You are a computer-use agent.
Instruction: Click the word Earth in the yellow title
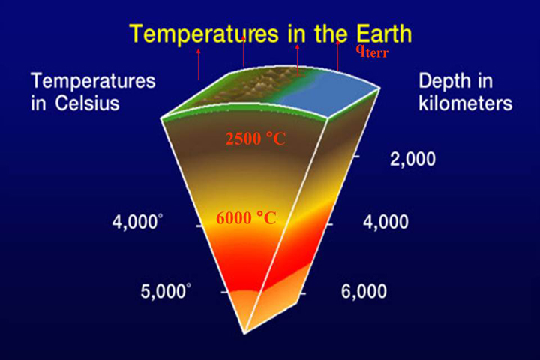pyautogui.click(x=384, y=34)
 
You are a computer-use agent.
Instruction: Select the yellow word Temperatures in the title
pyautogui.click(x=204, y=34)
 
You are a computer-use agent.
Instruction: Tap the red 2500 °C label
pyautogui.click(x=256, y=139)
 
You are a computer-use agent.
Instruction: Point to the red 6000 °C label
pyautogui.click(x=246, y=218)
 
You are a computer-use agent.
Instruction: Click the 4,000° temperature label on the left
pyautogui.click(x=137, y=222)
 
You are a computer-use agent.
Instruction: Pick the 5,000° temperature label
pyautogui.click(x=166, y=292)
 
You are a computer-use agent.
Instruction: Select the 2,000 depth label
pyautogui.click(x=412, y=159)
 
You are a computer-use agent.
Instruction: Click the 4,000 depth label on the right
pyautogui.click(x=385, y=222)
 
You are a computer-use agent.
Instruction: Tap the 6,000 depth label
pyautogui.click(x=364, y=292)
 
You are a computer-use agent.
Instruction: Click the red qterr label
pyautogui.click(x=372, y=52)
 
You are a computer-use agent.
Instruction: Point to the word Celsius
pyautogui.click(x=87, y=103)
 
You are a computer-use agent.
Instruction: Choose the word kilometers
pyautogui.click(x=465, y=103)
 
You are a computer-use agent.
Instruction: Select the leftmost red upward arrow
pyautogui.click(x=198, y=64)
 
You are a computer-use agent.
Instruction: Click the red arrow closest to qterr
pyautogui.click(x=337, y=55)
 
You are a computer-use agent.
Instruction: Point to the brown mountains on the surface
pyautogui.click(x=255, y=85)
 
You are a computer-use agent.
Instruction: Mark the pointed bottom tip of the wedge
pyautogui.click(x=244, y=333)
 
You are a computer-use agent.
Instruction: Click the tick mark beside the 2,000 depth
pyautogui.click(x=355, y=157)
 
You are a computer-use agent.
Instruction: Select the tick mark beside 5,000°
pyautogui.click(x=224, y=292)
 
